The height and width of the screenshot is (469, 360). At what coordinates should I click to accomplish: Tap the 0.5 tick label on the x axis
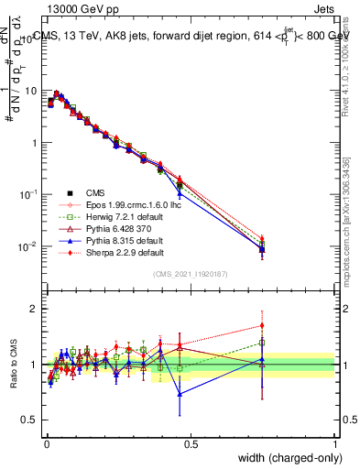[190, 443]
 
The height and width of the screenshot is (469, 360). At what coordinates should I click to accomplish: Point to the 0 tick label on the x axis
[45, 443]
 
